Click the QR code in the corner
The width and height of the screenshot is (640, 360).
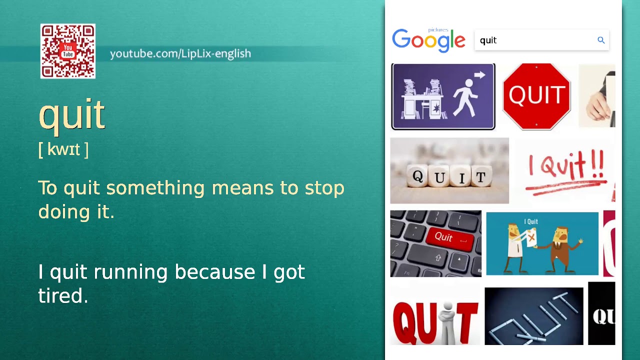pos(67,51)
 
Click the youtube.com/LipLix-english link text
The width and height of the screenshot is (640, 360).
pos(180,53)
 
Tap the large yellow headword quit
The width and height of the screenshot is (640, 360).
pos(71,114)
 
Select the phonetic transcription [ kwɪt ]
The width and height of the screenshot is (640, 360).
pos(63,149)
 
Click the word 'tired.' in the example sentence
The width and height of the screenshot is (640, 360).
pos(63,296)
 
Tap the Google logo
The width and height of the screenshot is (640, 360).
pos(428,40)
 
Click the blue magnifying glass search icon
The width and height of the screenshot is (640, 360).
pos(601,40)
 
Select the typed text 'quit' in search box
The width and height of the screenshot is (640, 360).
pos(488,40)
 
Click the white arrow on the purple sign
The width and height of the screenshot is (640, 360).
pos(480,75)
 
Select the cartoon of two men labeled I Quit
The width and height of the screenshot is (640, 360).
pos(542,243)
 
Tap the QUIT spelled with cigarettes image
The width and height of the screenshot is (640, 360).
pos(533,316)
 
